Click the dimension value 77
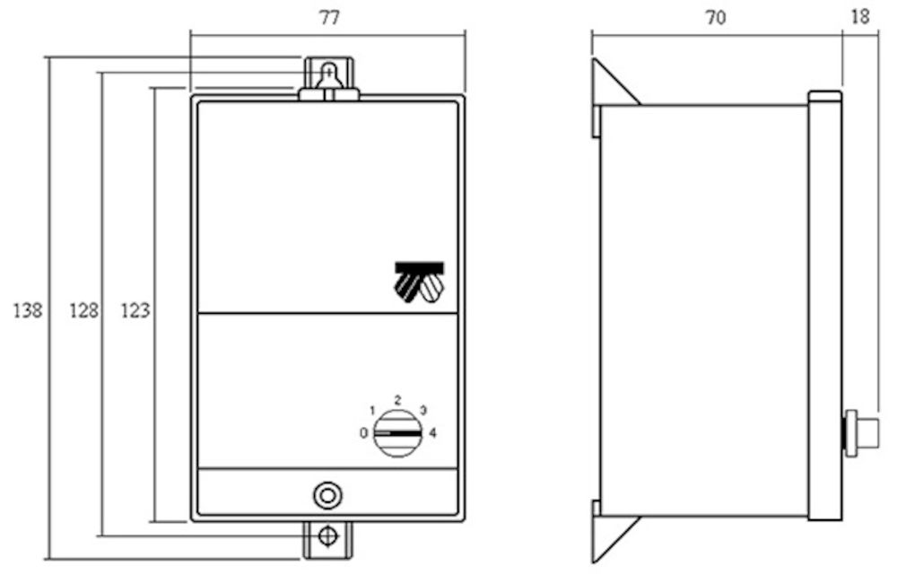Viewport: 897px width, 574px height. [x=329, y=18]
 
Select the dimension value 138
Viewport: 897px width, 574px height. [x=28, y=310]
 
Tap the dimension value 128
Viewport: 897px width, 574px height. [x=83, y=310]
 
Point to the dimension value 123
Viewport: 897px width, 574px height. [x=135, y=310]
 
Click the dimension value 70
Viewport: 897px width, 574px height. [x=716, y=18]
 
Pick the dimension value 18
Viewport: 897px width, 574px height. [x=860, y=17]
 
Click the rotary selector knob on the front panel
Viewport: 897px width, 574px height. [x=397, y=433]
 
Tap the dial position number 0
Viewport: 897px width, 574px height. [x=363, y=433]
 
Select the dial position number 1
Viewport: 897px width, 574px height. [x=372, y=411]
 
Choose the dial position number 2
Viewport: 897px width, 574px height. [x=397, y=400]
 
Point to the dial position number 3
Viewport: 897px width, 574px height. [x=423, y=410]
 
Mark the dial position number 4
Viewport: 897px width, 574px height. [x=432, y=433]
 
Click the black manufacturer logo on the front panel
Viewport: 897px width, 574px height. [x=419, y=282]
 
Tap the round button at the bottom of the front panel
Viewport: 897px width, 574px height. [x=327, y=496]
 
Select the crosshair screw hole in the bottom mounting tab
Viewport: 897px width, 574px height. [x=327, y=537]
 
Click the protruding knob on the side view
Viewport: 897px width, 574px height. [x=861, y=433]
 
